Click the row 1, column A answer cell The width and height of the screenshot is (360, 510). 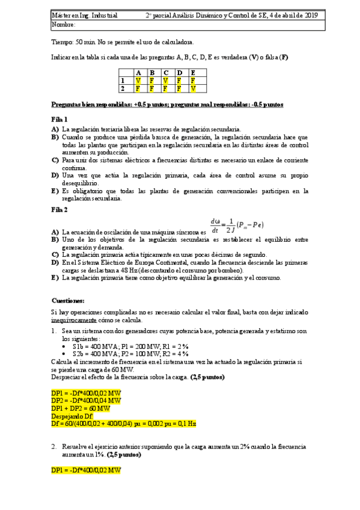139,80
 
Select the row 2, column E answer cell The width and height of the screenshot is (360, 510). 194,88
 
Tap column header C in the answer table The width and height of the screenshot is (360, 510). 166,72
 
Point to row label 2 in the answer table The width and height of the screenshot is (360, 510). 123,88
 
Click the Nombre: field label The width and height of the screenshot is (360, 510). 64,25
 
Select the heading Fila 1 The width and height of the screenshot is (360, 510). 60,118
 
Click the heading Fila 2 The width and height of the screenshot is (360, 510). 60,209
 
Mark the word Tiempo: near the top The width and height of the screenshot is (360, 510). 63,42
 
